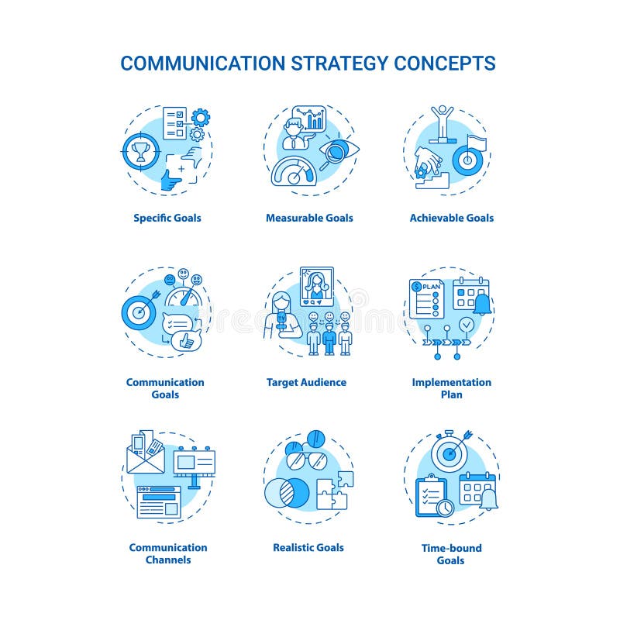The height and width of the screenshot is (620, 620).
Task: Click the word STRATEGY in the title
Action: pyautogui.click(x=336, y=63)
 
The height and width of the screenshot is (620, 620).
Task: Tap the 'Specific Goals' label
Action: pyautogui.click(x=167, y=218)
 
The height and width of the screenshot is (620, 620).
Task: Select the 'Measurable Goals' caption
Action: pyautogui.click(x=309, y=218)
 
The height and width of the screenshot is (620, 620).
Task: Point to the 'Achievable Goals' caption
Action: pyautogui.click(x=452, y=218)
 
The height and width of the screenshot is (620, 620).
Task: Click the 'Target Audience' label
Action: pyautogui.click(x=306, y=382)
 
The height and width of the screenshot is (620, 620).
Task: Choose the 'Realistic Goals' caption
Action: pyautogui.click(x=308, y=547)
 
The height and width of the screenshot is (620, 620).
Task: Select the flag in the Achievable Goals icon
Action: pyautogui.click(x=474, y=144)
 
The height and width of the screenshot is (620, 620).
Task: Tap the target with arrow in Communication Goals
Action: pyautogui.click(x=140, y=312)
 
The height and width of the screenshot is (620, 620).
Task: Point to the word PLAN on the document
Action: pyautogui.click(x=430, y=288)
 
